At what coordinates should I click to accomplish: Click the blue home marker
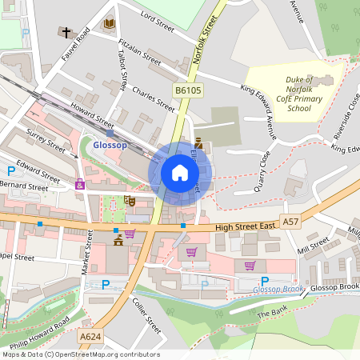180,173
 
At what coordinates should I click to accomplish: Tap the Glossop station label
110,146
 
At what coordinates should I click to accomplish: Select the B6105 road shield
187,91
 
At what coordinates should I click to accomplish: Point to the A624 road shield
90,338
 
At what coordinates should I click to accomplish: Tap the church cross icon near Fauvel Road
64,33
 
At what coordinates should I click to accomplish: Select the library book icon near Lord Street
109,24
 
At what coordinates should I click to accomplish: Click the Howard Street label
91,116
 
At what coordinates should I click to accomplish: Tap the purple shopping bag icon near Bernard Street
80,185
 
